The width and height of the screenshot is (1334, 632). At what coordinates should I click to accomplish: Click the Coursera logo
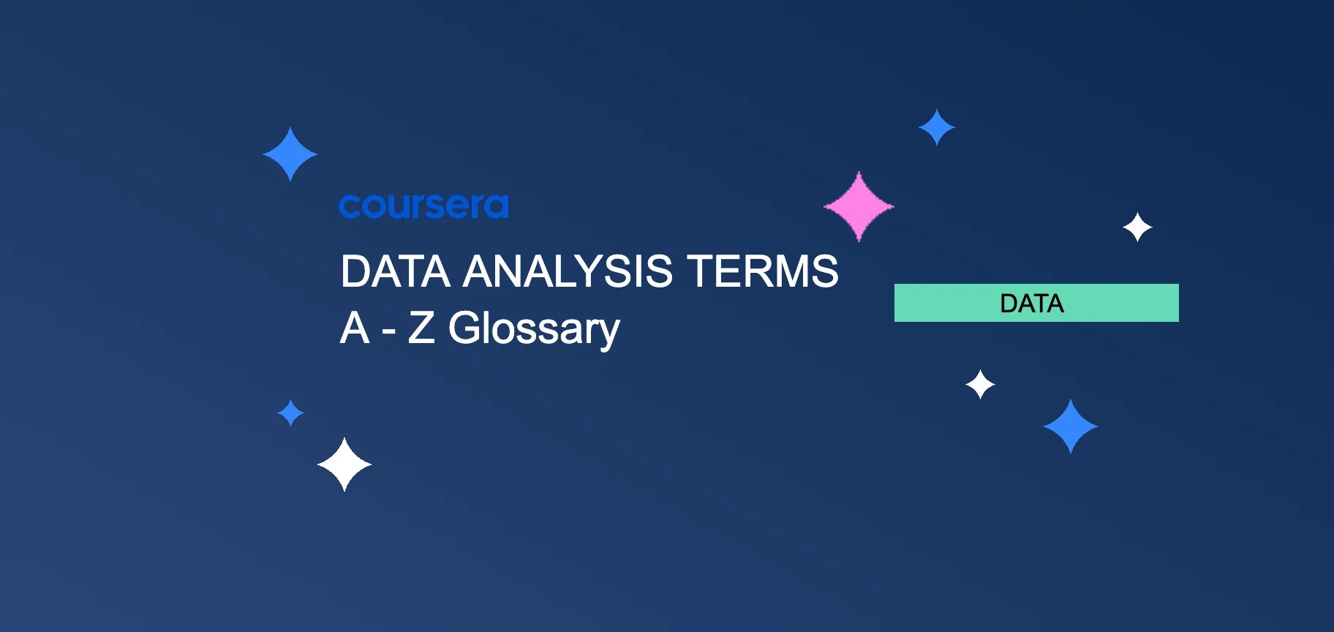(x=423, y=206)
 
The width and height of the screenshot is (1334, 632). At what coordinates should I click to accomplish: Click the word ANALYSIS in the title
(x=568, y=272)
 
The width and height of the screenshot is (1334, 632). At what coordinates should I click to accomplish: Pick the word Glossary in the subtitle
(x=534, y=329)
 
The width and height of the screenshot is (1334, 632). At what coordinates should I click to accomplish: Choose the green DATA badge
(x=1036, y=303)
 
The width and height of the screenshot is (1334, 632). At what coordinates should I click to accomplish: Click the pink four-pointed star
(x=859, y=206)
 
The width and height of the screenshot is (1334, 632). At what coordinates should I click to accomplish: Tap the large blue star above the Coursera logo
(x=290, y=154)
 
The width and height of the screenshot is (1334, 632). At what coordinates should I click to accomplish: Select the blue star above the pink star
(x=936, y=127)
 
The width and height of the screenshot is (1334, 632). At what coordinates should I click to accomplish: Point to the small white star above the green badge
(x=1137, y=227)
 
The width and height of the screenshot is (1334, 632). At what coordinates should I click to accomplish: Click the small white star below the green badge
(x=980, y=384)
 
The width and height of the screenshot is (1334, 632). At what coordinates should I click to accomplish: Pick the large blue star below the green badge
(x=1071, y=426)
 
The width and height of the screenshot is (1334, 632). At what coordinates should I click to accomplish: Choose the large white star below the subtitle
(x=344, y=464)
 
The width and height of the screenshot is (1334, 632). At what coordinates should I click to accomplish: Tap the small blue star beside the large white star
(x=290, y=413)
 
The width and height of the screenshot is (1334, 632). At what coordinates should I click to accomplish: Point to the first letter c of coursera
(x=349, y=207)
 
